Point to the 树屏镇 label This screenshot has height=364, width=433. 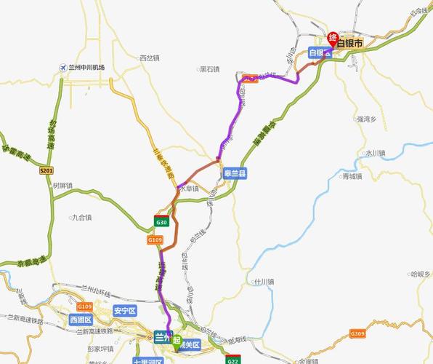click(62, 186)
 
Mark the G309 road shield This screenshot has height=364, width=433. click(357, 333)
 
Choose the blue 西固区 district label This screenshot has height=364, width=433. click(81, 320)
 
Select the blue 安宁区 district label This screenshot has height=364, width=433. click(125, 311)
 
